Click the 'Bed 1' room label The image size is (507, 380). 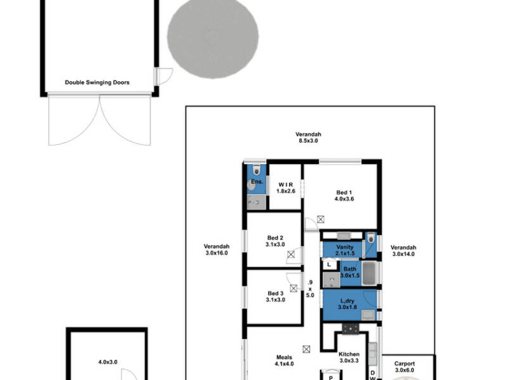pos(343,195)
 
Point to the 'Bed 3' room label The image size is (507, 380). pos(275,296)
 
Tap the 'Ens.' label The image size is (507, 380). pos(257,182)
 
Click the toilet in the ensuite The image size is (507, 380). pos(256,170)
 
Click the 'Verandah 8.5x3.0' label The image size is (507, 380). pos(308,137)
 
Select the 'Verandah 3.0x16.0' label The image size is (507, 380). pos(215,250)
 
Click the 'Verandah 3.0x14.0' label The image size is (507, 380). pos(403,251)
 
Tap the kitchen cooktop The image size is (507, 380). pos(350,329)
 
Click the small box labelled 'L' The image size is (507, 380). pos(329,264)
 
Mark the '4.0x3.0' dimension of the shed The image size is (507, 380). pos(108,362)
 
